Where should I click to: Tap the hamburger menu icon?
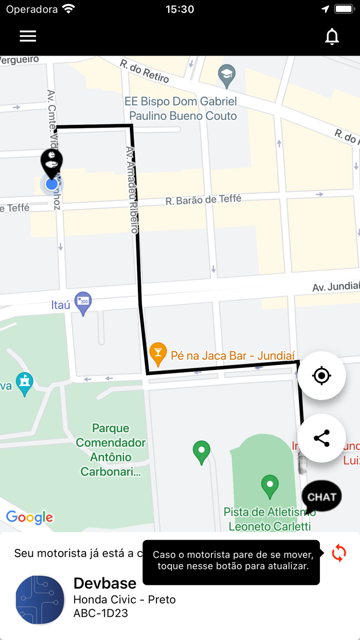point(28,36)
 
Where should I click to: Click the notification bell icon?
point(332,37)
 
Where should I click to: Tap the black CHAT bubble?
point(321,497)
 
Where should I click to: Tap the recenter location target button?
point(321,376)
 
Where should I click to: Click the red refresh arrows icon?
point(339,554)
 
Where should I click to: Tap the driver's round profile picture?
point(40,600)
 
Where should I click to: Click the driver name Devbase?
point(105,583)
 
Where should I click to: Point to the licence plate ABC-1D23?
point(101,613)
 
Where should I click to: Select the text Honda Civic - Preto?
point(124,599)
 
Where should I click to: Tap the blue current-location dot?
point(51,184)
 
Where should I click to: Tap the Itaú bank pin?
point(83,303)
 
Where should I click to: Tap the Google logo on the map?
point(30,517)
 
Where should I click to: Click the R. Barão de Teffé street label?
point(203,200)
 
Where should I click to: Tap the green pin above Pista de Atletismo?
point(269,485)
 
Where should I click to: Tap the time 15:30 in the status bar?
point(180,9)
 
